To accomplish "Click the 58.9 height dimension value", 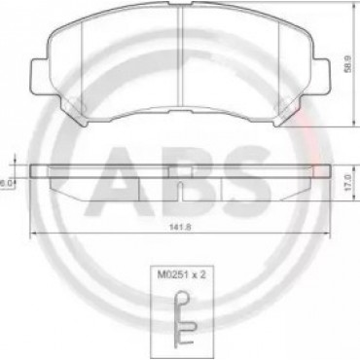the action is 348,65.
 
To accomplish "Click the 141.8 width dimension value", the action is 180,227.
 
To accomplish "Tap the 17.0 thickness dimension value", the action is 348,183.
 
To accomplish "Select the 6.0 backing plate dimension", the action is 7,184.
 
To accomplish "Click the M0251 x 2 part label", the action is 182,275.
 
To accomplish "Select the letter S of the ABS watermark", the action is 244,181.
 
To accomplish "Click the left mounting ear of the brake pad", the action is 39,77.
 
